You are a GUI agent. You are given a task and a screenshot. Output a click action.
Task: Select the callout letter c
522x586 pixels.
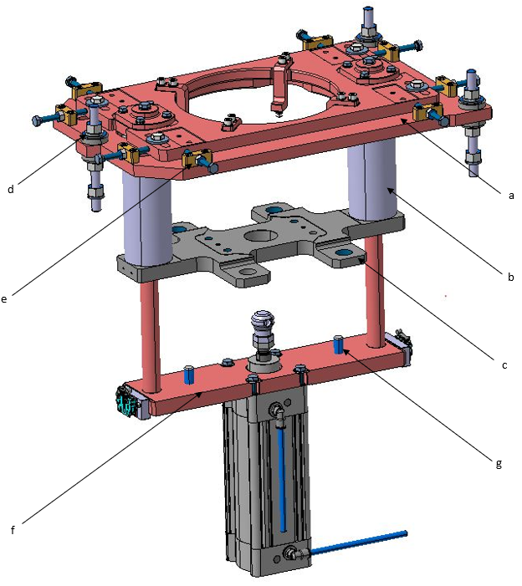coord(504,364)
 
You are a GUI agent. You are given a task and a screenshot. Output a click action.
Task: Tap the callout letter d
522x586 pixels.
coord(10,189)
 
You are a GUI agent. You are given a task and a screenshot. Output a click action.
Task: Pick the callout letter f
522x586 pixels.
coord(13,528)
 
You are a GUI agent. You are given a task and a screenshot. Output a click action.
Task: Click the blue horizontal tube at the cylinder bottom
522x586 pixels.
coord(360,541)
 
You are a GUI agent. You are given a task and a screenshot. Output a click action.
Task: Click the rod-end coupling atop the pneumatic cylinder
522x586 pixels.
coord(262,326)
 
